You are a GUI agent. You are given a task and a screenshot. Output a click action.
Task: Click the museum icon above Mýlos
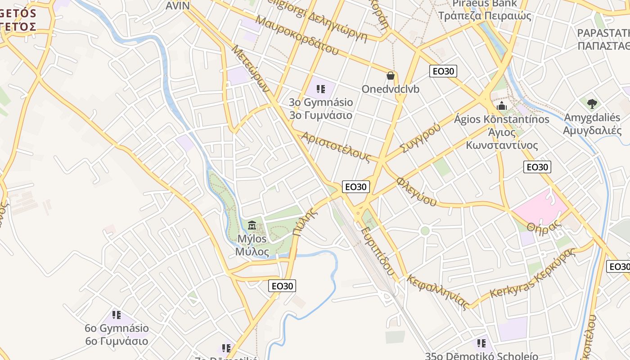[x=252, y=225]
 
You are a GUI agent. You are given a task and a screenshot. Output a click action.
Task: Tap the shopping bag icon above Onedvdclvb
[x=390, y=76]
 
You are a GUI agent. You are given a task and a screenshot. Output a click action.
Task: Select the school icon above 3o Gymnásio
[x=320, y=89]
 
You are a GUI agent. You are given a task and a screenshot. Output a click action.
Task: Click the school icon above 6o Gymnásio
[x=117, y=315]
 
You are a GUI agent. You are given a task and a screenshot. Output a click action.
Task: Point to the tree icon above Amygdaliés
[x=592, y=104]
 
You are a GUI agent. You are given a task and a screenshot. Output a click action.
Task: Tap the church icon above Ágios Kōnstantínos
[x=501, y=106]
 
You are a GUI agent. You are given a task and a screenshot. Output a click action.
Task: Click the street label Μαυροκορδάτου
[x=297, y=35]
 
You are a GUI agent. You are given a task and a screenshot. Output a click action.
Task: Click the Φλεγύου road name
[x=416, y=191]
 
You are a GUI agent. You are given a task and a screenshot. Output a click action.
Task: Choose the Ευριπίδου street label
[x=378, y=251]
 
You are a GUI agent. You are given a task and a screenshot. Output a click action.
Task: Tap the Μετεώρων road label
[x=250, y=67]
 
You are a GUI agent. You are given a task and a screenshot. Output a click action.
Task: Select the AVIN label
[x=178, y=5]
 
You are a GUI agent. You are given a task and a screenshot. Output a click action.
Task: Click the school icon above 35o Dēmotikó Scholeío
[x=481, y=344]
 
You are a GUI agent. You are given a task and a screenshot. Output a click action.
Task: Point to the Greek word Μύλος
[x=252, y=252]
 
